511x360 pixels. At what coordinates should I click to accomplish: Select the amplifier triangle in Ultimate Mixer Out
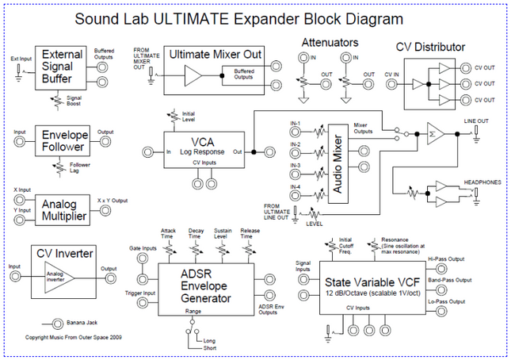click(193, 76)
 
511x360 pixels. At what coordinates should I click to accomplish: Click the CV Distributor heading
click(430, 47)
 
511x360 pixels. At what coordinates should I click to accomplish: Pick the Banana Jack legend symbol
click(57, 323)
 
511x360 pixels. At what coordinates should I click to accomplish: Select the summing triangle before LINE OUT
click(433, 136)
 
